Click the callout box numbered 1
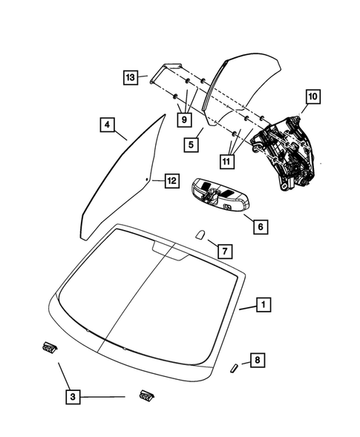coord(261,325)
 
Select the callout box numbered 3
coord(72,398)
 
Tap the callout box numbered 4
coord(108,125)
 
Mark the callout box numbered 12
coord(171,180)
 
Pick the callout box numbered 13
coord(130,77)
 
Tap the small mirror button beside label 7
coord(200,235)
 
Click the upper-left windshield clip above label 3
coord(49,346)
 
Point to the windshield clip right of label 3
coord(145,397)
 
